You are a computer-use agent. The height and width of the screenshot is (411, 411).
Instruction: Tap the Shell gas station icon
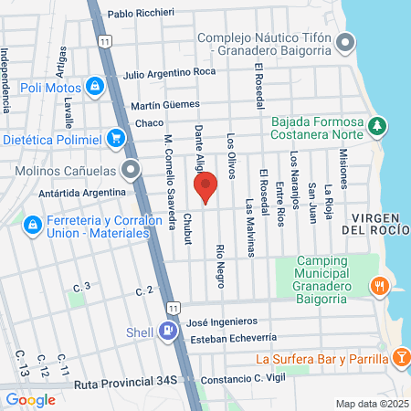168,332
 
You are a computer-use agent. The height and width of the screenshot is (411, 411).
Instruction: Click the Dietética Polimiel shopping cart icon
115,138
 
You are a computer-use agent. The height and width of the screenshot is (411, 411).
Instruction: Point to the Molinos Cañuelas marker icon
132,169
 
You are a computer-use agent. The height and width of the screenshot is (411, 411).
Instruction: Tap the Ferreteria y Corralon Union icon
32,224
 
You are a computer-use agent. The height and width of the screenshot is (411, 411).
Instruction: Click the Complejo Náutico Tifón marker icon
344,42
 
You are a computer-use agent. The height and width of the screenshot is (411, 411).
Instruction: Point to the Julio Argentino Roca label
169,72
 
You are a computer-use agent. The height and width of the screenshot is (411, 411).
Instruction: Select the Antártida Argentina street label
82,193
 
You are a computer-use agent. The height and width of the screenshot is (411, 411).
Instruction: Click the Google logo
30,399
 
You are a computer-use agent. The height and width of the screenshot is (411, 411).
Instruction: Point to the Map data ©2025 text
370,404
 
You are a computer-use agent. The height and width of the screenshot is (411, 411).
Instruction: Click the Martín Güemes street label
171,106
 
